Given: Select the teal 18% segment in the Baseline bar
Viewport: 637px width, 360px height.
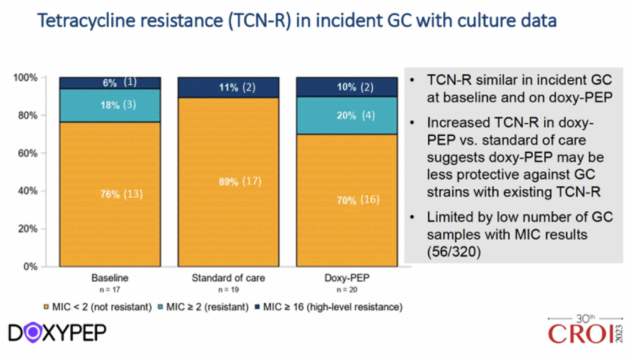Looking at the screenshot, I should point(110,105).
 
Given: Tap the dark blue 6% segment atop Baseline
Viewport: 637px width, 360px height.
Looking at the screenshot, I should point(110,83).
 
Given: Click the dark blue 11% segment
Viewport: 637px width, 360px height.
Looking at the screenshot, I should point(228,87).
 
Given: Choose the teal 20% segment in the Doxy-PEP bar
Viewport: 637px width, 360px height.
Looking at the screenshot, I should point(346,116).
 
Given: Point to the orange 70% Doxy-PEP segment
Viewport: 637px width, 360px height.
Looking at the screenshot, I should point(346,201).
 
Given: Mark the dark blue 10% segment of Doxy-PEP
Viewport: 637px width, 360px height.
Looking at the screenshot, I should point(346,87).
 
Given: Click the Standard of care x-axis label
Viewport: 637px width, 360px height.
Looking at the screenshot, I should point(228,278).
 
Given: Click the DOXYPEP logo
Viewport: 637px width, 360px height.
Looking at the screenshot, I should point(57,332).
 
